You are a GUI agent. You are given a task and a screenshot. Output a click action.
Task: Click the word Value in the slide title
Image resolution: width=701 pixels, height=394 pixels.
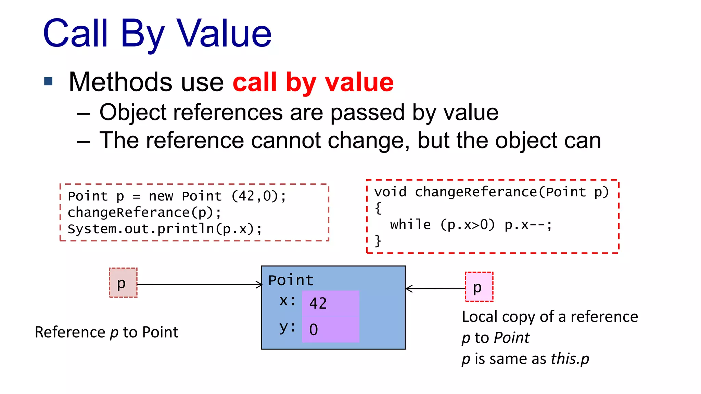224,33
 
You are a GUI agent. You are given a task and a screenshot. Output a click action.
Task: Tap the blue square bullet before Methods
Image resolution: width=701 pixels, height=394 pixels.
49,81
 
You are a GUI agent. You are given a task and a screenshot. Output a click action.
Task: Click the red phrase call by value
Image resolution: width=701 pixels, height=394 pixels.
313,82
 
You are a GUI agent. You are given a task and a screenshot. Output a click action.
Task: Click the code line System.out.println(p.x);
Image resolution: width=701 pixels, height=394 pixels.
165,229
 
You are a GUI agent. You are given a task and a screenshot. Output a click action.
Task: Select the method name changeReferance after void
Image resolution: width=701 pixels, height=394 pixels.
476,192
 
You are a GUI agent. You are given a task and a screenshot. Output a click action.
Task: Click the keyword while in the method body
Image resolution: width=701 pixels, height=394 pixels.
410,225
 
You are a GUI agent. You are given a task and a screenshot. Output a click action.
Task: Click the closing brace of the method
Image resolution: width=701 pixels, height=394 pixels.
378,241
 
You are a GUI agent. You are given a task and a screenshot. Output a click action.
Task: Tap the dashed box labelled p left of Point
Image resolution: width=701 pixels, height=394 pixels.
123,283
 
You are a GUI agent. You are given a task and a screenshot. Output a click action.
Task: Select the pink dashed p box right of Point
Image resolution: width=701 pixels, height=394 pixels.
479,287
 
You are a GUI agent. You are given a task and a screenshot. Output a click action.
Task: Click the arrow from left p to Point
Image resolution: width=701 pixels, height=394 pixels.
199,285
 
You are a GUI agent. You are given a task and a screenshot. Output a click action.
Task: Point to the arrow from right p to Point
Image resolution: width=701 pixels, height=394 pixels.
435,289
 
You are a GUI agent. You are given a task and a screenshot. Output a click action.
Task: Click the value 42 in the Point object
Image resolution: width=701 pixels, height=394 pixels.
318,303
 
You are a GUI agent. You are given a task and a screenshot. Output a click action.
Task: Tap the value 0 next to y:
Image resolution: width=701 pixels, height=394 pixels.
314,330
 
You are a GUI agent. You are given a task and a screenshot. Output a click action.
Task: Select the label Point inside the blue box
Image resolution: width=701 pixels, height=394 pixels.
291,280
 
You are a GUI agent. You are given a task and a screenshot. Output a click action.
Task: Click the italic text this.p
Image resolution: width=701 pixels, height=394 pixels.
570,359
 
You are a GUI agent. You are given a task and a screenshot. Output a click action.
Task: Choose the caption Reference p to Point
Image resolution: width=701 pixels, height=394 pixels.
106,332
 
